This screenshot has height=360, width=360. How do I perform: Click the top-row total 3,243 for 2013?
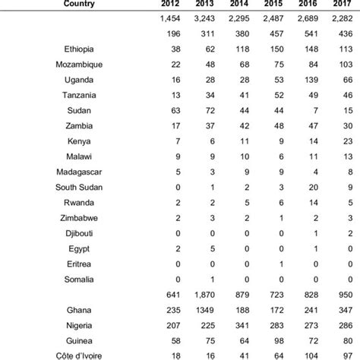[204, 19]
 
